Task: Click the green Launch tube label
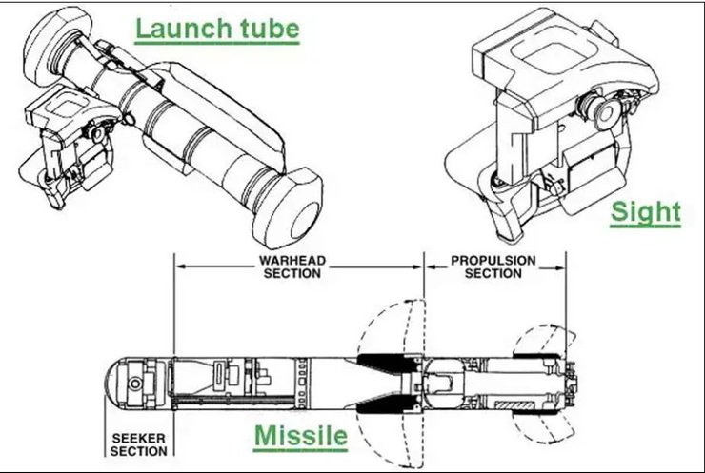point(216,29)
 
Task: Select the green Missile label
point(300,437)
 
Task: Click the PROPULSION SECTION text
point(493,266)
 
